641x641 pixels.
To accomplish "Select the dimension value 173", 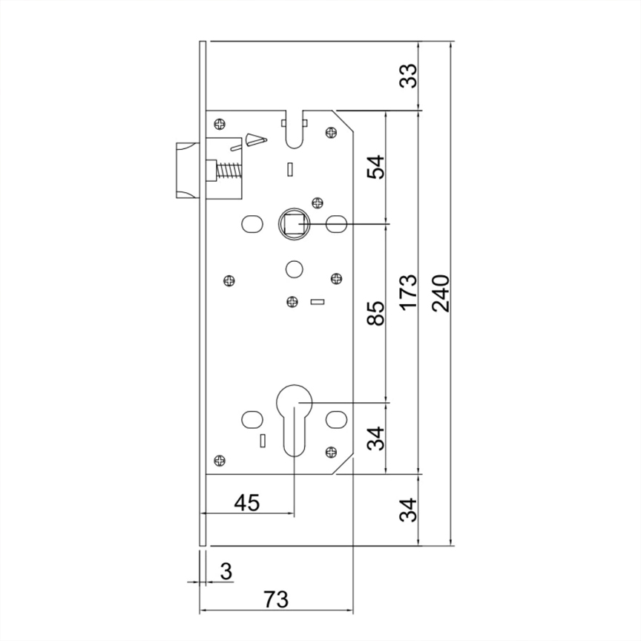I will [409, 295].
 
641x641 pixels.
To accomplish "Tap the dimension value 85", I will [376, 315].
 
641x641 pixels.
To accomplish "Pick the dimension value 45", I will [246, 503].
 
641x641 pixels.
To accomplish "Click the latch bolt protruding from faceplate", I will [186, 171].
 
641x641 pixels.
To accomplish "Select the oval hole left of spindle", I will [252, 223].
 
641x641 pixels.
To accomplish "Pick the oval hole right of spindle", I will [338, 223].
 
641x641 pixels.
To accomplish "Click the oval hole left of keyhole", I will [252, 419].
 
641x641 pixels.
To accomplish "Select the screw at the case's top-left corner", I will [221, 122].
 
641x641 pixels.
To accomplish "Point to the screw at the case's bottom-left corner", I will [219, 458].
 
